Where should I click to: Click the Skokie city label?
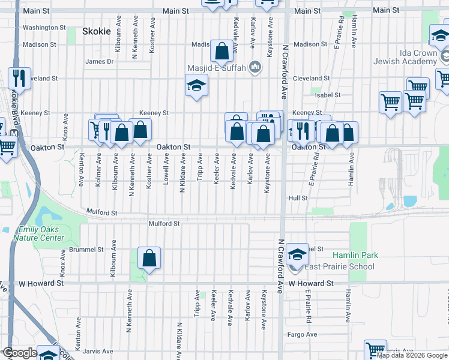click(97, 32)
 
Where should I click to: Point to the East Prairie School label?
click(339, 267)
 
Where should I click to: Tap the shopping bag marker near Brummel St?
click(149, 259)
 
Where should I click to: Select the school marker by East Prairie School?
click(297, 254)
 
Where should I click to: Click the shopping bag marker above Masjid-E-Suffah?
click(222, 52)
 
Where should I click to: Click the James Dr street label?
click(100, 61)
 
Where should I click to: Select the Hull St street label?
click(298, 197)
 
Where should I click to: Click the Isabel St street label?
click(327, 95)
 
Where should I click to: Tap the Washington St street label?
click(44, 28)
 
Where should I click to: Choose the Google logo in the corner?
click(20, 353)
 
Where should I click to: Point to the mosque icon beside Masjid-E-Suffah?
click(255, 67)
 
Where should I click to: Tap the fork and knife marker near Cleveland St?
click(19, 79)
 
